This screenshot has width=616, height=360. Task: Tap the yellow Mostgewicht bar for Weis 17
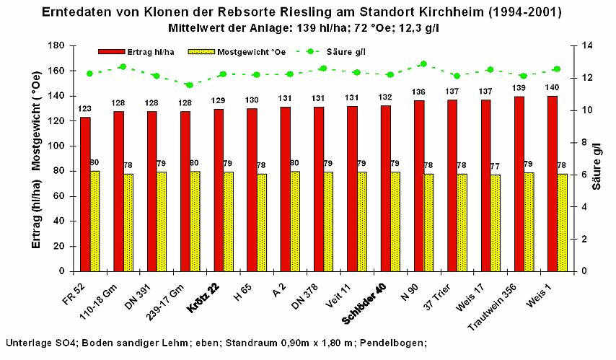point(496,223)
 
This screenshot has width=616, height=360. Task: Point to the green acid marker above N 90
point(423,64)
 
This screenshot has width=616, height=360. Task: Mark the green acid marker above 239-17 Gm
point(189,85)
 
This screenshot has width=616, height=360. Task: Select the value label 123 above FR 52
point(85,108)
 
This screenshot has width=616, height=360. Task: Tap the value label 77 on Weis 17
point(496,167)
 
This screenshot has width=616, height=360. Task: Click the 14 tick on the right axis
point(577,45)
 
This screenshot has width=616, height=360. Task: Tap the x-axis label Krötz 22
point(203,295)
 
